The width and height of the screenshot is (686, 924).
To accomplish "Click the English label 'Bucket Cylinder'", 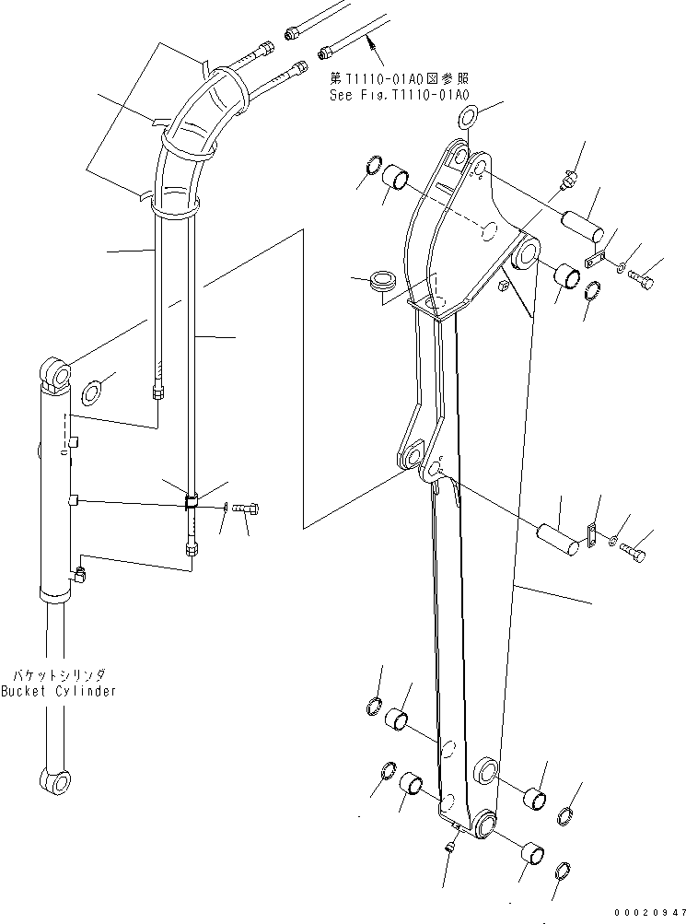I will (x=58, y=691).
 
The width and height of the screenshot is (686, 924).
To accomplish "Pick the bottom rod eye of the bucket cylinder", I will (x=56, y=781).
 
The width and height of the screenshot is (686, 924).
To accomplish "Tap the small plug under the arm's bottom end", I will (x=451, y=844).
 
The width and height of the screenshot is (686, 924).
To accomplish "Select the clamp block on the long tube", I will (x=192, y=502).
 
